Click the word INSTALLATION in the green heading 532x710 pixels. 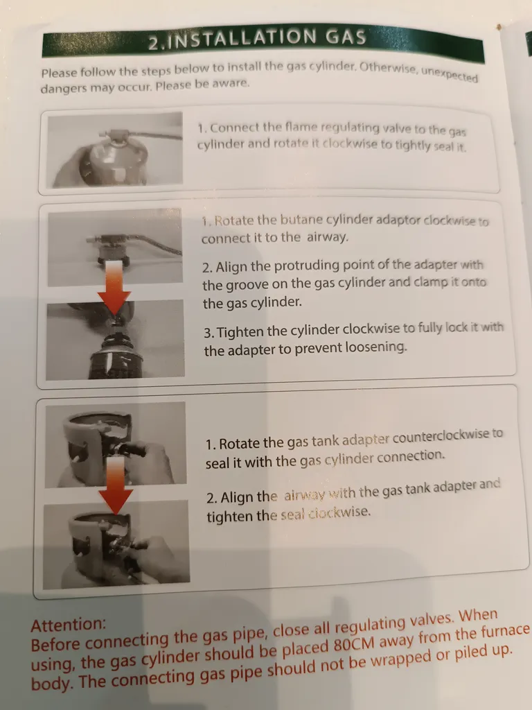point(245,39)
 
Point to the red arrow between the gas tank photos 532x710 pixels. point(116,485)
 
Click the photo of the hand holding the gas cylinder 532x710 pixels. point(116,150)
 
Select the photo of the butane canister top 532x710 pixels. point(116,339)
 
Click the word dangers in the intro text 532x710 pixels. point(62,87)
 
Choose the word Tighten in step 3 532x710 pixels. point(240,332)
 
